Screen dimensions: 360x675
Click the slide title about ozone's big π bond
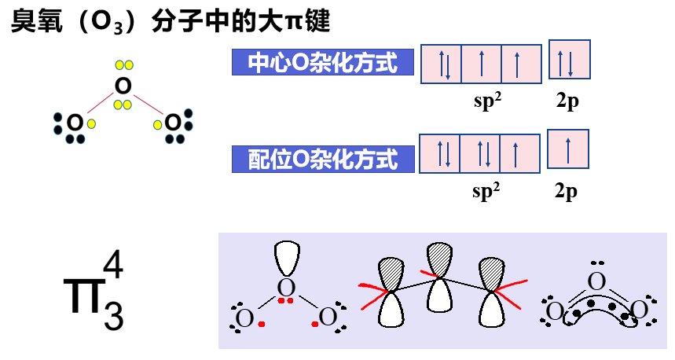tap(169, 21)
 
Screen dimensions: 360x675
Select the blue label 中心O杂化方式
tap(323, 62)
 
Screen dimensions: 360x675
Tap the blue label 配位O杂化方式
tap(323, 160)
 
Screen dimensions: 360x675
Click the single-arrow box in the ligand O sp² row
tap(519, 153)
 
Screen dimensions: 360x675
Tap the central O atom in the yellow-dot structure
tap(122, 85)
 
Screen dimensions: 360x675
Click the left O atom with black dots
tap(75, 123)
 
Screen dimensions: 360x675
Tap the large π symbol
tap(81, 295)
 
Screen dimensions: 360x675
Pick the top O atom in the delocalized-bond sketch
tap(597, 281)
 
